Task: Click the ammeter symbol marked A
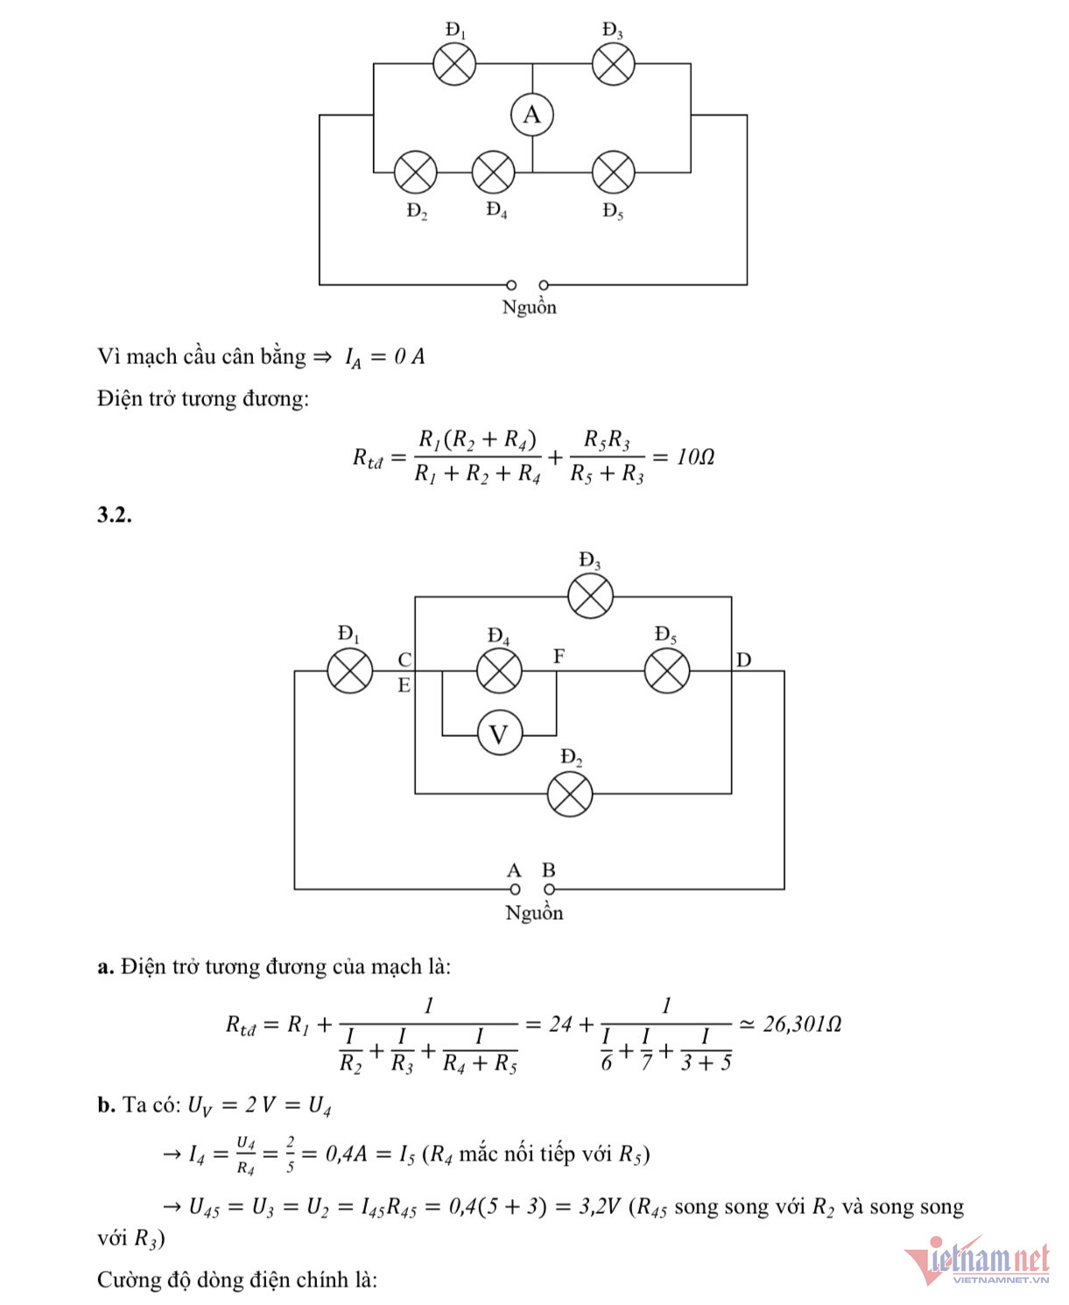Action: [532, 115]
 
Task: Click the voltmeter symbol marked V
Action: [499, 733]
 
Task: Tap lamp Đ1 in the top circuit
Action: [455, 64]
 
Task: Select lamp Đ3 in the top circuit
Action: [613, 64]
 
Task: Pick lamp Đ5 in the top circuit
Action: [613, 172]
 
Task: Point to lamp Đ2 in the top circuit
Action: [415, 172]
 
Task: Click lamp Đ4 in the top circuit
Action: [493, 172]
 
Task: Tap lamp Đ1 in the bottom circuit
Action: [349, 671]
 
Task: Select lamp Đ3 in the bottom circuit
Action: [591, 597]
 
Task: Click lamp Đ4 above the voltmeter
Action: [499, 671]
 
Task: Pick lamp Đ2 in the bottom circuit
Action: [570, 794]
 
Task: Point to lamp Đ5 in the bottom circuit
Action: [666, 671]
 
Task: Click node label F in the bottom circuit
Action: [559, 656]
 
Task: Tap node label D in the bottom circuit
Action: [743, 660]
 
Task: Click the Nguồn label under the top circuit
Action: [529, 307]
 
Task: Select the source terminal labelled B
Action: [549, 889]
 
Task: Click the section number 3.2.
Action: [115, 515]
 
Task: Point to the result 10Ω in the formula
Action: [695, 457]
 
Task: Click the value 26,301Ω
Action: [802, 1024]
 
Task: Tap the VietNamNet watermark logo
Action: [977, 1261]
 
